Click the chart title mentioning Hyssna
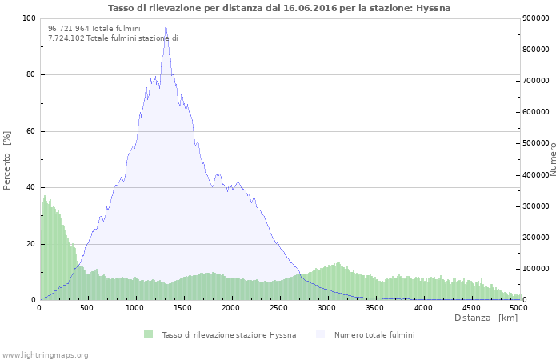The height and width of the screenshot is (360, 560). [x=279, y=8]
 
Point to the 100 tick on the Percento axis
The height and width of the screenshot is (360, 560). [x=29, y=18]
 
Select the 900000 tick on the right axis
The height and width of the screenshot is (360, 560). [x=536, y=18]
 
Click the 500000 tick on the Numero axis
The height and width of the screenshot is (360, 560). [x=536, y=143]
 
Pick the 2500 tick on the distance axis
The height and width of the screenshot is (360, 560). [x=279, y=307]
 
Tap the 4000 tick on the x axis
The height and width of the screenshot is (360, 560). [x=423, y=307]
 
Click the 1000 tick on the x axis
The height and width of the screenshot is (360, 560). [x=135, y=307]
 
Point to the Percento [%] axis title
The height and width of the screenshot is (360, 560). [x=7, y=159]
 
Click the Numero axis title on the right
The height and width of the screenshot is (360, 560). [x=553, y=159]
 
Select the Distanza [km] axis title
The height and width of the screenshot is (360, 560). [x=486, y=318]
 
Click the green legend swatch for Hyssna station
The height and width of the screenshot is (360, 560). [x=148, y=334]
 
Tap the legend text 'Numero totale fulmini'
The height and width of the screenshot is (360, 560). [x=374, y=334]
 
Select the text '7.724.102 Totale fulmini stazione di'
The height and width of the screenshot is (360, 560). [x=113, y=38]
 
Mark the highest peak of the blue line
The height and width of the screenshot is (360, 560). [x=166, y=25]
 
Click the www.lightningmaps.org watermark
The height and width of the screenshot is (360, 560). [x=45, y=354]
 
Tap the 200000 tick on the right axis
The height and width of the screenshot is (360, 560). [x=536, y=238]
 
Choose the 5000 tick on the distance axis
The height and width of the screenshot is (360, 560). [x=518, y=307]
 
